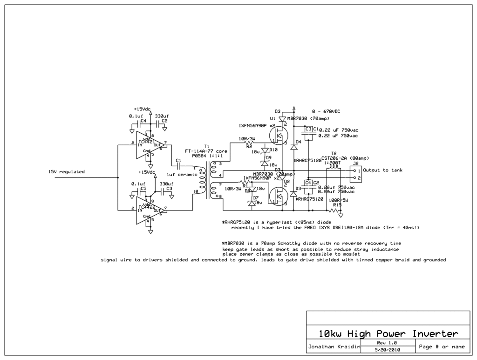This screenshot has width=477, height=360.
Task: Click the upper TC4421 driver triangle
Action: tap(150, 144)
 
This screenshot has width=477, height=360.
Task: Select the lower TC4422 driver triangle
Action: tap(150, 209)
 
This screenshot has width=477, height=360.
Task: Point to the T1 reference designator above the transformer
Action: tap(207, 146)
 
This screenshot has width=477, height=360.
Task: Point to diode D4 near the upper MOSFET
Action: tap(294, 147)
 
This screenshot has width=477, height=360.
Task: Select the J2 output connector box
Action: tap(356, 175)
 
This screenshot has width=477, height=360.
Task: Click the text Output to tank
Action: tap(382, 170)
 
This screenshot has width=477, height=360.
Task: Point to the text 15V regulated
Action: tap(67, 172)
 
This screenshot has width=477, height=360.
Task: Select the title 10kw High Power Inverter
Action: tap(388, 333)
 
